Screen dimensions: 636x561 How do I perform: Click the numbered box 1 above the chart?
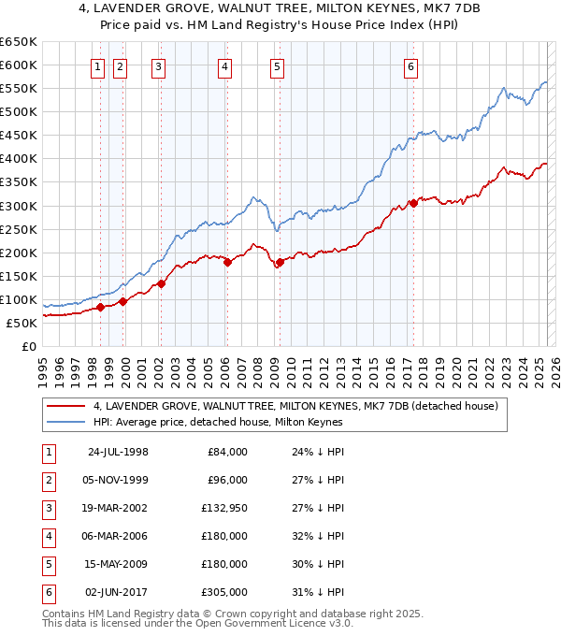pyautogui.click(x=99, y=65)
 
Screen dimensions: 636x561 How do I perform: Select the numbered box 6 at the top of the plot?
pyautogui.click(x=411, y=65)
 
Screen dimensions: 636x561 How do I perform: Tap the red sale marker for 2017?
pyautogui.click(x=412, y=203)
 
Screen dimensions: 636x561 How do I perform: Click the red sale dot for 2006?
pyautogui.click(x=227, y=262)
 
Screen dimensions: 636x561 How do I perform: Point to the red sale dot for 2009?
pyautogui.click(x=280, y=262)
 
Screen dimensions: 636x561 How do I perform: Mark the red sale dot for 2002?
pyautogui.click(x=161, y=283)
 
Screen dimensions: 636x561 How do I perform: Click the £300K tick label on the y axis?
pyautogui.click(x=19, y=206)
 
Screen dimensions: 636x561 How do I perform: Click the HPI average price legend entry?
pyautogui.click(x=218, y=422)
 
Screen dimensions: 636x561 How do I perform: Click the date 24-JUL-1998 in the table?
pyautogui.click(x=118, y=452)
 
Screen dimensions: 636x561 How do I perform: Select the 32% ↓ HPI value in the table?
pyautogui.click(x=317, y=536)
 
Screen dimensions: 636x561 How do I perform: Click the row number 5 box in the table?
pyautogui.click(x=48, y=564)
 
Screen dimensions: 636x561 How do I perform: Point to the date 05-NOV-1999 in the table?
pyautogui.click(x=118, y=480)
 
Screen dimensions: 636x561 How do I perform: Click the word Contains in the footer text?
pyautogui.click(x=63, y=614)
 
